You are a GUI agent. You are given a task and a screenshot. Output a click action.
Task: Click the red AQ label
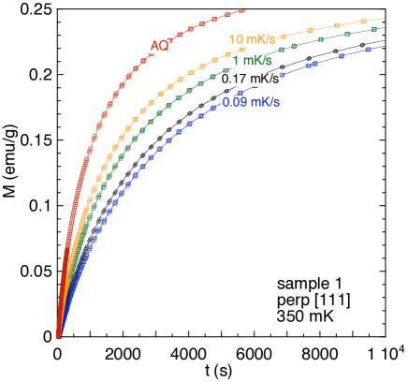(x=159, y=46)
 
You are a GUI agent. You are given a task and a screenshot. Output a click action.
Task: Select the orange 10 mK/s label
(x=252, y=39)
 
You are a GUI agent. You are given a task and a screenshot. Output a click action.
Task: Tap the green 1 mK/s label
(x=252, y=61)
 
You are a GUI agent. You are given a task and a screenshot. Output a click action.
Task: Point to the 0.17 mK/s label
(x=250, y=80)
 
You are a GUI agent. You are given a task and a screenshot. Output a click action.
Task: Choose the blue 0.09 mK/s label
(x=250, y=102)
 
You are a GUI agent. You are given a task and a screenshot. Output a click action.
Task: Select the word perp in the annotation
(x=292, y=301)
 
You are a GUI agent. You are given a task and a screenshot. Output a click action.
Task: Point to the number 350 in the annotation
(x=290, y=317)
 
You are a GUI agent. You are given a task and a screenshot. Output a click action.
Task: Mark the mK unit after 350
(x=320, y=317)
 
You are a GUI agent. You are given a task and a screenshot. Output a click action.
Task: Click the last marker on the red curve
(x=242, y=9)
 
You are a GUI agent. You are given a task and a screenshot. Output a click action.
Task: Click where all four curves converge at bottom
(x=58, y=335)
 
